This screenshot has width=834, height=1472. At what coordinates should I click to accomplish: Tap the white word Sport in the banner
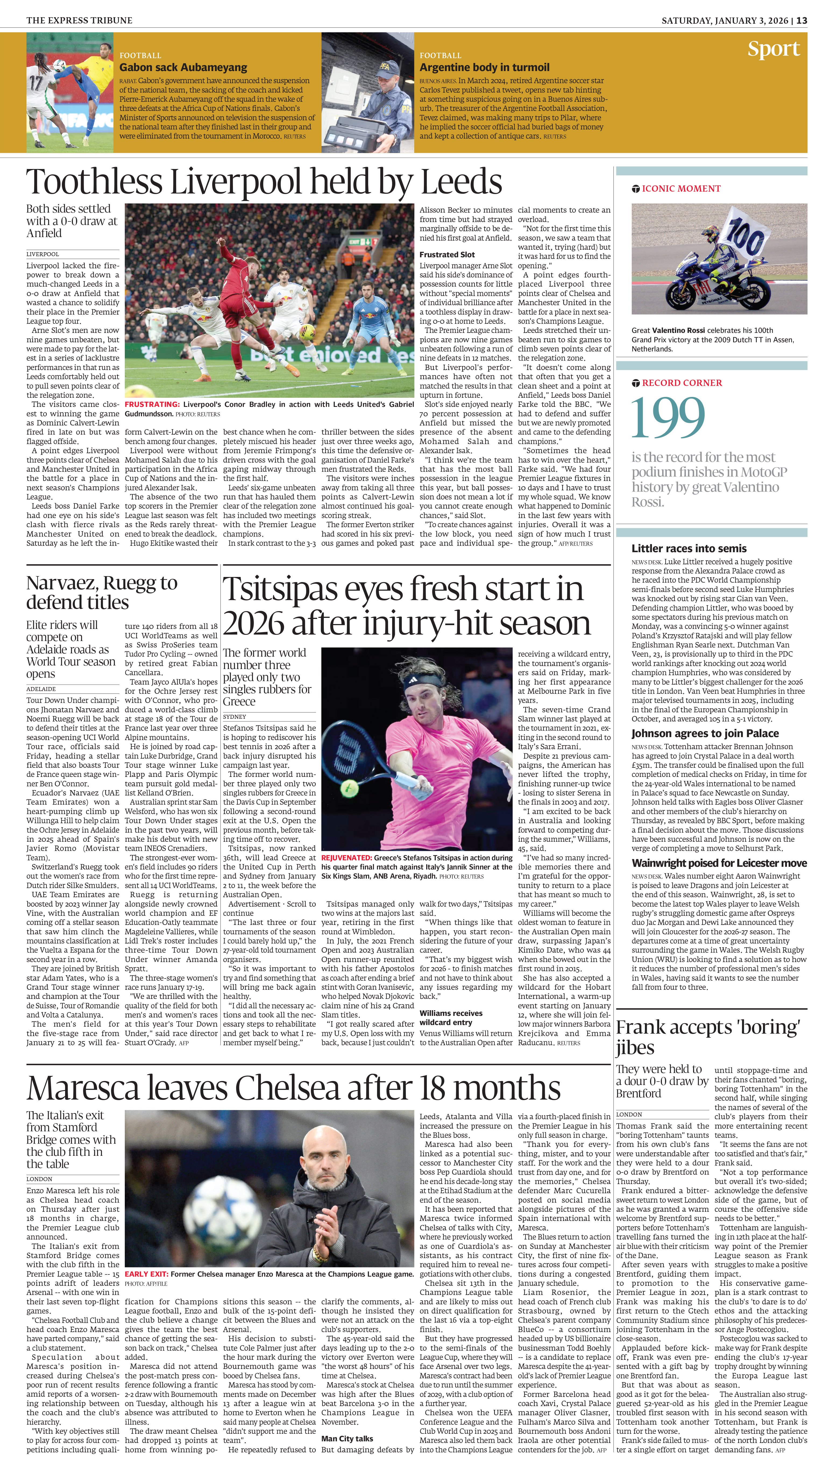773,49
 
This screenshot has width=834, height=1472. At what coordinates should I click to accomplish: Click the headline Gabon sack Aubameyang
183,67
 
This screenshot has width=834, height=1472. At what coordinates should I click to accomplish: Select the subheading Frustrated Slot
447,254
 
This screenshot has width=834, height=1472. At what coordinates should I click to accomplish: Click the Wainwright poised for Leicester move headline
719,863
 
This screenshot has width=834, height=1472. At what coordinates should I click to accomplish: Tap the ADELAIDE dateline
41,689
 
